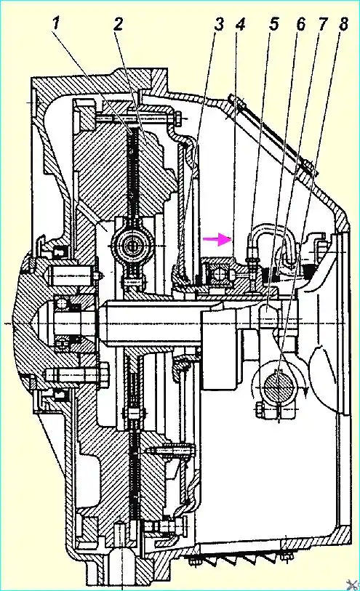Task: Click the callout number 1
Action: pos(56,24)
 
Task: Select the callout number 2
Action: pos(118,24)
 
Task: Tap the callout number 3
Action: pos(219,24)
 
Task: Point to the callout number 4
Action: pos(240,24)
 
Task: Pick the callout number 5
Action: pos(273,24)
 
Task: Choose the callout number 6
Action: pos(300,24)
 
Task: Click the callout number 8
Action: pos(343,24)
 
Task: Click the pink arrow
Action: pos(217,239)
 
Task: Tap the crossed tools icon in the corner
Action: pos(353,584)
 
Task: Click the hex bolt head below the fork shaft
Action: pos(259,410)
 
